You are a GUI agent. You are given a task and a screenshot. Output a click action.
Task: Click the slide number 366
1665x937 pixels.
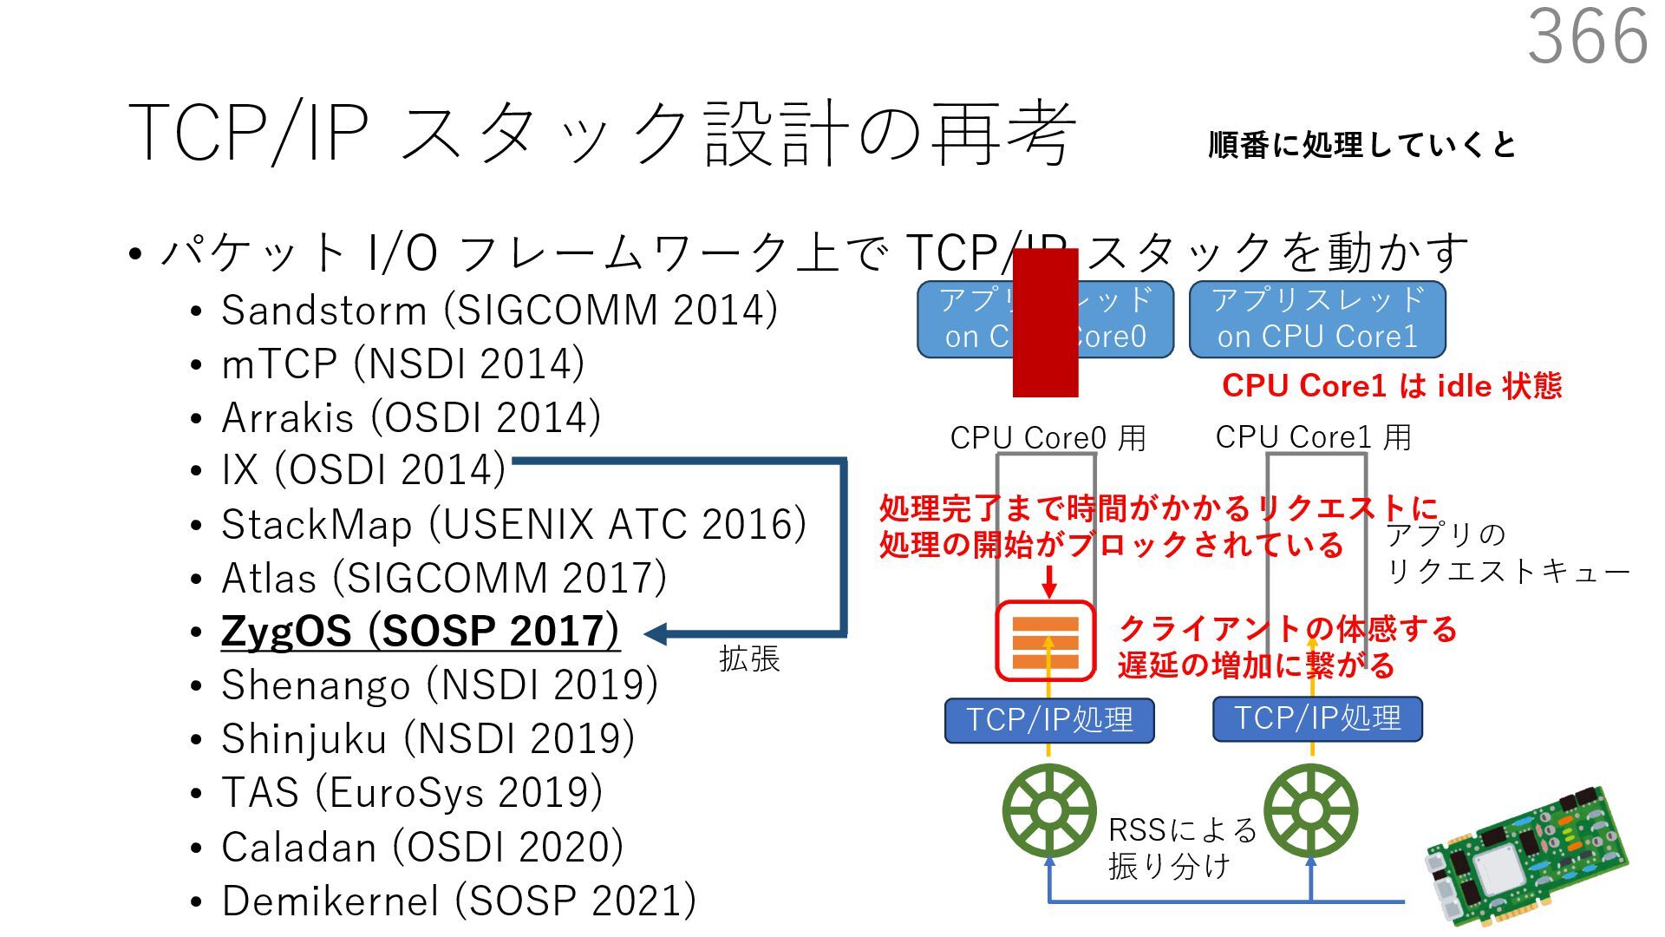click(1587, 36)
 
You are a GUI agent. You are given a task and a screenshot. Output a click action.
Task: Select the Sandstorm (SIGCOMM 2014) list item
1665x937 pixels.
click(499, 311)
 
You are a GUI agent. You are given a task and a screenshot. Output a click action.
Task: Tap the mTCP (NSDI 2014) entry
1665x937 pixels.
click(402, 364)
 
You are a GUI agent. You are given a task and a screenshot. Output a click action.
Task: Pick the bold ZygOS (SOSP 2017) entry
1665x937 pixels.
click(420, 632)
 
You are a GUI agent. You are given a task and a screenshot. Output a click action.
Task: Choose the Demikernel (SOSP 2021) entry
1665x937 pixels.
click(458, 901)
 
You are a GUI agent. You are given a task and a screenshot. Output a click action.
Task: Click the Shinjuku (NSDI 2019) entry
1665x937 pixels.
click(428, 739)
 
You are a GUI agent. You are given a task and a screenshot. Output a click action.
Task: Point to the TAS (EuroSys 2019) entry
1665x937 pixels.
click(412, 793)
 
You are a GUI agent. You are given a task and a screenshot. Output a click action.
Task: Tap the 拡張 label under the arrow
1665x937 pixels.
click(749, 659)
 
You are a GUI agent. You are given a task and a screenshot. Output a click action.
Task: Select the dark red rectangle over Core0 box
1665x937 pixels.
click(1045, 323)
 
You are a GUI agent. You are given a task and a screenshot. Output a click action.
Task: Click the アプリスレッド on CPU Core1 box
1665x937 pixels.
click(1316, 319)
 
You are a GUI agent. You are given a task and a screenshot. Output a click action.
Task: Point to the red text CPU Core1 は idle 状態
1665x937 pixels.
click(1391, 385)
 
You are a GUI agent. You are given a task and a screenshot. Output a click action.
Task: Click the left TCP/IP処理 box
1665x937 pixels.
click(1049, 720)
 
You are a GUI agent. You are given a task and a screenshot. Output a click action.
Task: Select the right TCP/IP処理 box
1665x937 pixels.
click(1316, 718)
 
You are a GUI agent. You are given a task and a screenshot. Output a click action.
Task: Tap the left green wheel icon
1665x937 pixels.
click(1049, 811)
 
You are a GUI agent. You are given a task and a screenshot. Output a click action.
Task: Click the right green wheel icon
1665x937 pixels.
click(1311, 811)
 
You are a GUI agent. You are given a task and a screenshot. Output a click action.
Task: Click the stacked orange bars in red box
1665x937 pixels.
click(1046, 642)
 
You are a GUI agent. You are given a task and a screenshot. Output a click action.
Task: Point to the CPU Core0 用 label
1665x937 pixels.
click(1048, 438)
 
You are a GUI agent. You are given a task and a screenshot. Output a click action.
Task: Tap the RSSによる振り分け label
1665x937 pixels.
click(1181, 849)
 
